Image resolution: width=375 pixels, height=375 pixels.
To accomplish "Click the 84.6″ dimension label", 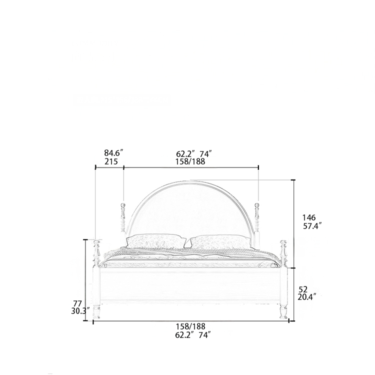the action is [113, 153].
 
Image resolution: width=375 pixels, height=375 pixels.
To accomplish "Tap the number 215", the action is [111, 161].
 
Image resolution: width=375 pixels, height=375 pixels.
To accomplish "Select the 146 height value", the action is [309, 217].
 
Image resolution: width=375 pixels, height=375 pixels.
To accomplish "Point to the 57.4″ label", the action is [312, 226].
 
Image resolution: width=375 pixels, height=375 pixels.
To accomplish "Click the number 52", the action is [303, 289].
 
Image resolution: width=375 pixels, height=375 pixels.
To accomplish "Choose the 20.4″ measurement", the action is [307, 297].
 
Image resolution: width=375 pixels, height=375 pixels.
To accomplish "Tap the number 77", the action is [77, 303].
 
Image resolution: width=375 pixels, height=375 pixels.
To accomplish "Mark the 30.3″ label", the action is [80, 311].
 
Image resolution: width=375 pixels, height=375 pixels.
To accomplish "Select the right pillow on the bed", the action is [220, 242].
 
